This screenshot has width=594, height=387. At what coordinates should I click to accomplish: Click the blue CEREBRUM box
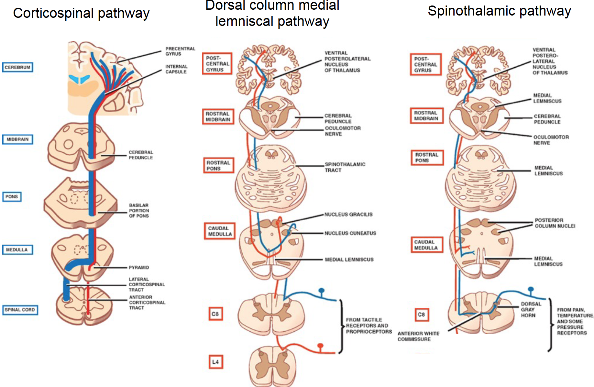pos(18,67)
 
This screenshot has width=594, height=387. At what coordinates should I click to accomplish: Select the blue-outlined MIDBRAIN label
pos(18,139)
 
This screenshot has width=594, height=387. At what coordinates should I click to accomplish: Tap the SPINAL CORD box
pos(20,310)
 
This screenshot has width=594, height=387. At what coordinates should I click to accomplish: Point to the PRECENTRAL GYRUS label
pos(180,51)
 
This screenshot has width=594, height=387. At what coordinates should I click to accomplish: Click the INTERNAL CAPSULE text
pos(176,69)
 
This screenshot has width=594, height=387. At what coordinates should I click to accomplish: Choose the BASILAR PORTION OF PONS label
pos(139,211)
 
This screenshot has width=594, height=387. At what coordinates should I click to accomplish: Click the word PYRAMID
pos(139,268)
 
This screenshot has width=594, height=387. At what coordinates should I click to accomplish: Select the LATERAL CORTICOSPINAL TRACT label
pos(147,284)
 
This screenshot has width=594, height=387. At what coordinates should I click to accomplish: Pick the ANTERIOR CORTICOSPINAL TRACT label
pos(147,303)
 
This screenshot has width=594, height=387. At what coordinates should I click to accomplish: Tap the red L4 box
pos(215,362)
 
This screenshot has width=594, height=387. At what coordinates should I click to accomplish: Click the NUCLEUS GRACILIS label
pos(348,215)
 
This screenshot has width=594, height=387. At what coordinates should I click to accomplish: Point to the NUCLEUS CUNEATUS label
pos(350,233)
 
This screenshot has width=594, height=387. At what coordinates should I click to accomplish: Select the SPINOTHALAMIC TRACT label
pos(345,167)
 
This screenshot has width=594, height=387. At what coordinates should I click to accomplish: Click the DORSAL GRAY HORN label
pos(531,310)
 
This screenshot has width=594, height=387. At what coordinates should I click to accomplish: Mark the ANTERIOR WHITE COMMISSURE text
pos(418,336)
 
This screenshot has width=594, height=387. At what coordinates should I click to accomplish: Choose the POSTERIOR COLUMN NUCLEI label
pos(555,223)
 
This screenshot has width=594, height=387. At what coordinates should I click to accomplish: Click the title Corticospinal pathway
pos(81,13)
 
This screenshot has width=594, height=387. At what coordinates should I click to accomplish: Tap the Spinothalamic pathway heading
pos(499,11)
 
